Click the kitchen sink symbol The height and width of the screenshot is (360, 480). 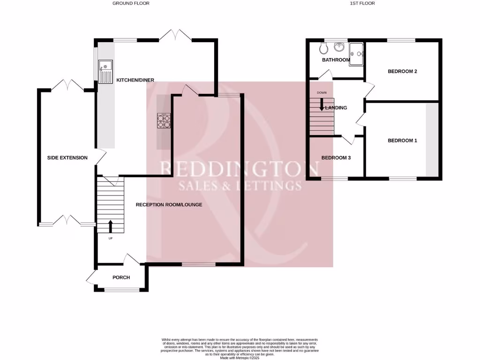pyautogui.click(x=105, y=71)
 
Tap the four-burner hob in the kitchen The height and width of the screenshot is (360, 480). pyautogui.click(x=163, y=121)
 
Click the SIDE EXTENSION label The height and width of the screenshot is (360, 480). pyautogui.click(x=67, y=157)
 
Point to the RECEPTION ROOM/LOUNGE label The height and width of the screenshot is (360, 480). pyautogui.click(x=169, y=204)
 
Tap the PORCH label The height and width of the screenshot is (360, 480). pyautogui.click(x=121, y=277)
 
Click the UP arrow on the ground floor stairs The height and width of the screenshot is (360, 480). pyautogui.click(x=111, y=226)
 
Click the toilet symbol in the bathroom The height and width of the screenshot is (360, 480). pyautogui.click(x=323, y=49)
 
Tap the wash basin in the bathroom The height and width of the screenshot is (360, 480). pyautogui.click(x=339, y=47)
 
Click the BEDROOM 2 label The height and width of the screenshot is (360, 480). pyautogui.click(x=402, y=72)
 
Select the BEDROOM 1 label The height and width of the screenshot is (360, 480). pyautogui.click(x=402, y=141)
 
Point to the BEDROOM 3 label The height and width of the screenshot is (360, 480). pyautogui.click(x=336, y=158)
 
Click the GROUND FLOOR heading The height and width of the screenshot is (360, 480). pyautogui.click(x=131, y=3)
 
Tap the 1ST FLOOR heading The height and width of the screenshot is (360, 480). pyautogui.click(x=362, y=3)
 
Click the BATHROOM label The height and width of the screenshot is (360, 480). pyautogui.click(x=336, y=60)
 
